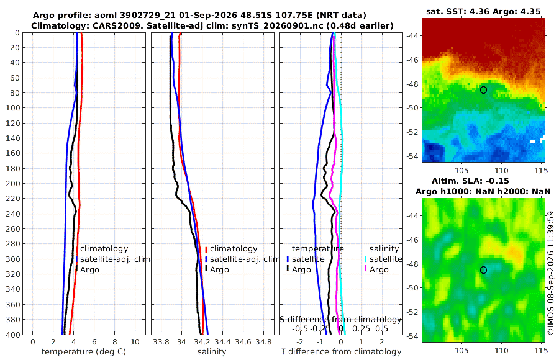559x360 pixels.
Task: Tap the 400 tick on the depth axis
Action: [x=13, y=335]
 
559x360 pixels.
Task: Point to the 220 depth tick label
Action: [x=13, y=199]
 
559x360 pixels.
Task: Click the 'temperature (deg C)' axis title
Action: [x=84, y=352]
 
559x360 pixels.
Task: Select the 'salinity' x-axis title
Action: [x=212, y=352]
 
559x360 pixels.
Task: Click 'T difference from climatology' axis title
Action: [x=341, y=352]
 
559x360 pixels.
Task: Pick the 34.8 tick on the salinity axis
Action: [x=264, y=342]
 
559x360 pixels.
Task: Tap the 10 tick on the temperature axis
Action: [x=135, y=342]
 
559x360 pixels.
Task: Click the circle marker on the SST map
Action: [x=483, y=90]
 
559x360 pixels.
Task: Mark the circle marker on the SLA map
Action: [x=483, y=270]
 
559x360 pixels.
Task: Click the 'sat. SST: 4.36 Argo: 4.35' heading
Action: [x=483, y=11]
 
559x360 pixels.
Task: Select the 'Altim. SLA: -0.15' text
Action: [x=471, y=181]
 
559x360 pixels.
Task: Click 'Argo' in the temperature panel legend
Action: [x=89, y=270]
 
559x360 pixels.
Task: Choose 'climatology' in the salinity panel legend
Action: [x=234, y=249]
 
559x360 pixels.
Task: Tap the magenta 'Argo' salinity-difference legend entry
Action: [x=379, y=270]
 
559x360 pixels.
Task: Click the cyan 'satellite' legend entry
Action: [x=386, y=259]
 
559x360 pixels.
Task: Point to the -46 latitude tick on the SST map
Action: [x=413, y=60]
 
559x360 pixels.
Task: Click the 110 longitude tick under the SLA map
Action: [x=502, y=350]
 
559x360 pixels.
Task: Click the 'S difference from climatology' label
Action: [x=340, y=320]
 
